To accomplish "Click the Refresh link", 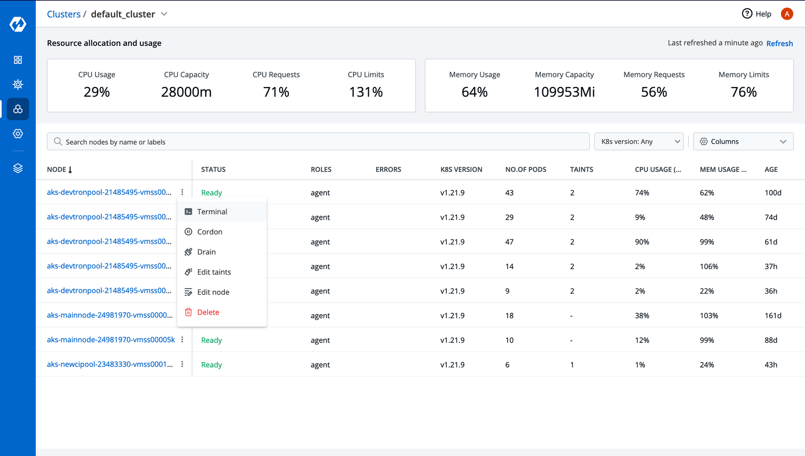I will click(779, 44).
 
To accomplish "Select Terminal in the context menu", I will click(212, 212).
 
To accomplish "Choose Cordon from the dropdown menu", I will click(209, 232).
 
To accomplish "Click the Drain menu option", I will click(206, 252).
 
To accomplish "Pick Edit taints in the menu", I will click(214, 272).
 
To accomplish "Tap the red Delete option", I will click(208, 312).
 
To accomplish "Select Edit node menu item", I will click(213, 292).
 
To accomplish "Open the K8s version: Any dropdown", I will click(638, 142).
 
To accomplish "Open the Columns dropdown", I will click(743, 142).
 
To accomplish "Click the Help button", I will click(757, 14).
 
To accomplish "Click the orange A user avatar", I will click(787, 14).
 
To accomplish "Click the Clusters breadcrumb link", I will click(63, 14).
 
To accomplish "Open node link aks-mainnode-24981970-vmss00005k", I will click(111, 340).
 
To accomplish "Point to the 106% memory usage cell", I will click(708, 266).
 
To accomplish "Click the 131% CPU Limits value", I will click(366, 92).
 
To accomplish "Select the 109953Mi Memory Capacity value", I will click(564, 92).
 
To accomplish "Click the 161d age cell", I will click(773, 316).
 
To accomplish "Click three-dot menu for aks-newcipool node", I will click(182, 364).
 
